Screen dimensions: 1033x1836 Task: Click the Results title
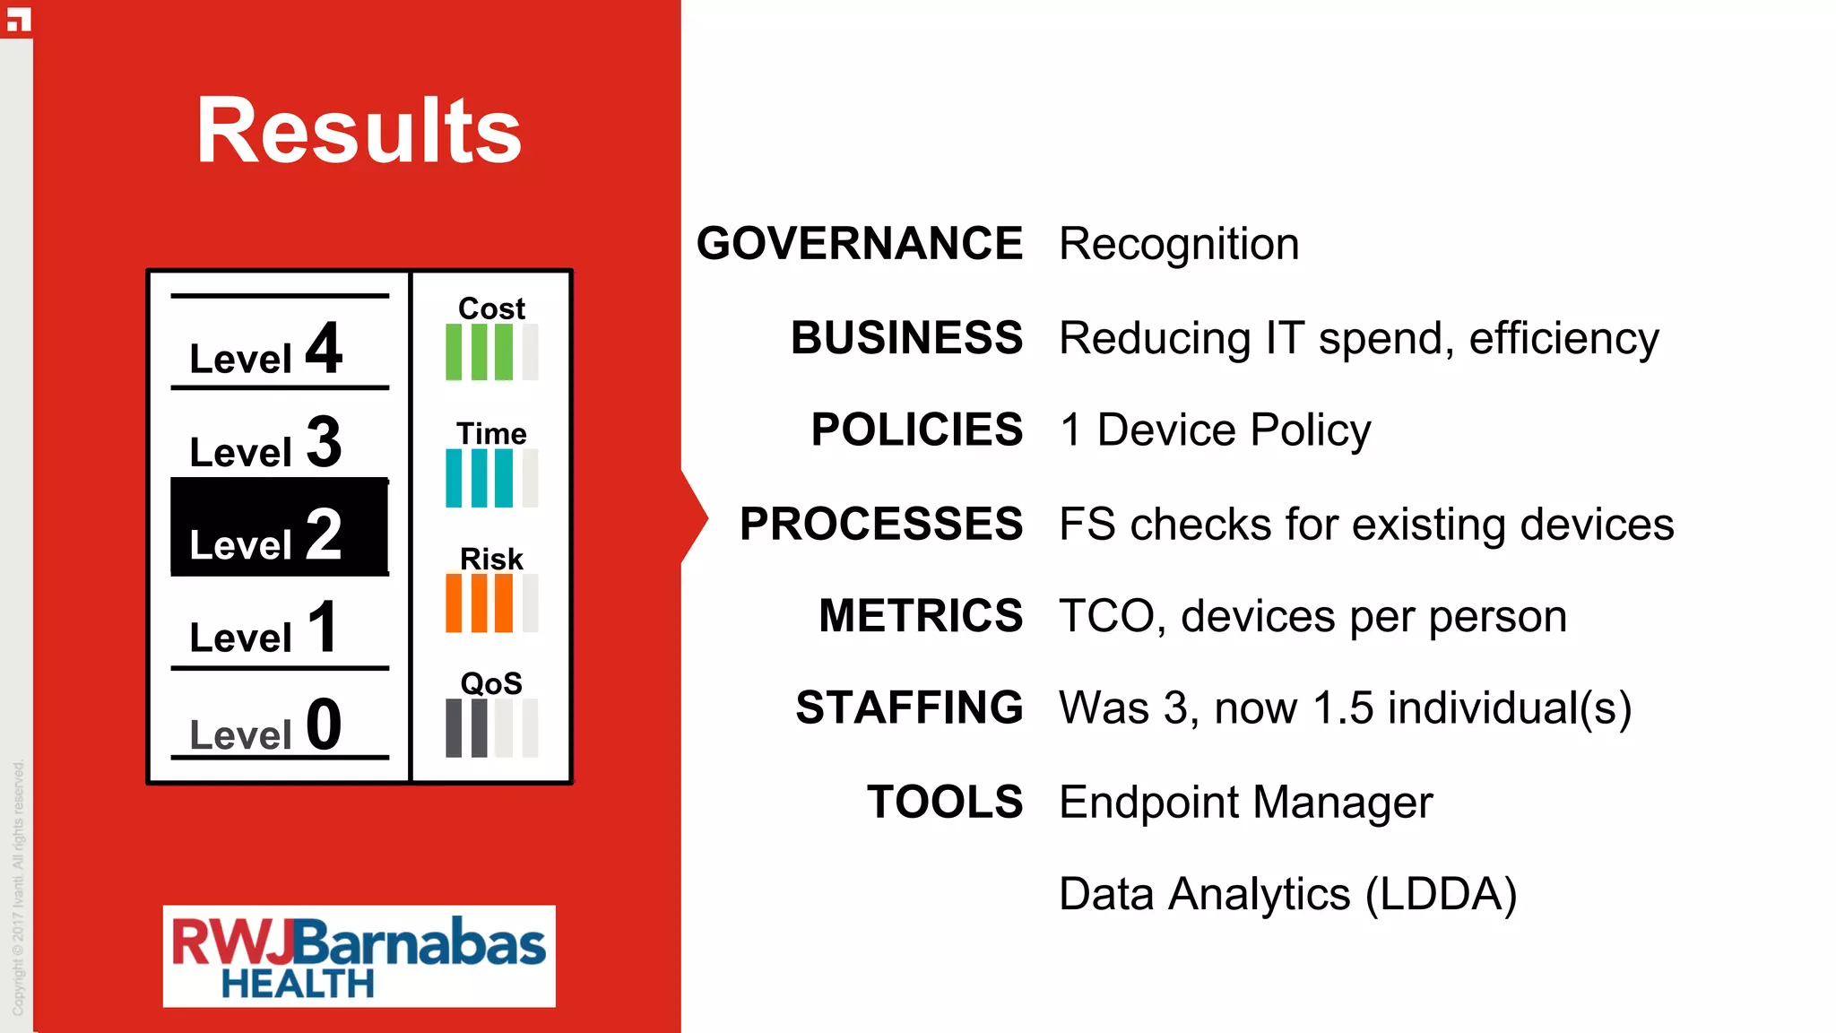coord(359,131)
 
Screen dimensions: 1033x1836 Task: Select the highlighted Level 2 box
coord(279,527)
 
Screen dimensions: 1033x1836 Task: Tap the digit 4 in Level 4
coord(324,348)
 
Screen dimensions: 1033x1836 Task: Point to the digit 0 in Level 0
coord(324,725)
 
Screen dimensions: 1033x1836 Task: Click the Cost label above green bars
coord(491,308)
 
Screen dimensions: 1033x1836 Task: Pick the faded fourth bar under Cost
coord(530,352)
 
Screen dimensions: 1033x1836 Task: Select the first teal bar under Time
coord(455,478)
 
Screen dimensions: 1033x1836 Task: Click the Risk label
coord(491,559)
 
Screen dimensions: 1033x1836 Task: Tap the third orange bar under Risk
coord(505,603)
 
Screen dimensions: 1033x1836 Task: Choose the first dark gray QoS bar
coord(455,728)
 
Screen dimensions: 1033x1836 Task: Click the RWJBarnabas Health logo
coord(359,956)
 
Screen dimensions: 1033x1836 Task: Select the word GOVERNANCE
coord(860,244)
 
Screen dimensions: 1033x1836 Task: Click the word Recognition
coord(1179,244)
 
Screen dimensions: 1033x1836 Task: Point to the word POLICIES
coord(917,430)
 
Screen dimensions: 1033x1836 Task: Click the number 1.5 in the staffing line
coord(1343,708)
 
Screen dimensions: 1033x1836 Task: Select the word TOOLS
coord(945,802)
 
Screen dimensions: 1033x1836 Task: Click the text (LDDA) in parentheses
coord(1441,894)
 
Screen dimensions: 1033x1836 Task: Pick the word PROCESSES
coord(881,524)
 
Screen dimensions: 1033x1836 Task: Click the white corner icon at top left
coord(19,19)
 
